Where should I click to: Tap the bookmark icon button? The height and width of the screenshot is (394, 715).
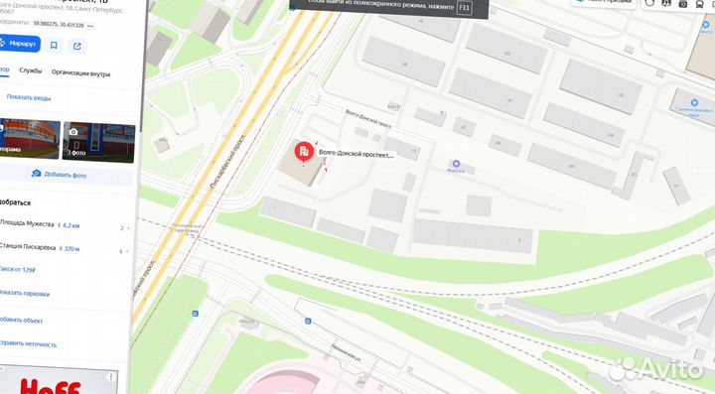pyautogui.click(x=53, y=45)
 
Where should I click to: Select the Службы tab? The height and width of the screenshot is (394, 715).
pyautogui.click(x=31, y=71)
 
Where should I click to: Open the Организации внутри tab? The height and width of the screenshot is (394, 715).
pyautogui.click(x=80, y=71)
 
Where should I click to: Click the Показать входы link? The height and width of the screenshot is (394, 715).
pyautogui.click(x=28, y=97)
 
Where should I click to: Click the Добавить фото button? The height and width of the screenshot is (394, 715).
pyautogui.click(x=60, y=175)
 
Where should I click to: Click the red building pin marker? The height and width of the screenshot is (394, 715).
pyautogui.click(x=303, y=153)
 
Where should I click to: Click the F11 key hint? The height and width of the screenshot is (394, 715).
pyautogui.click(x=465, y=8)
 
